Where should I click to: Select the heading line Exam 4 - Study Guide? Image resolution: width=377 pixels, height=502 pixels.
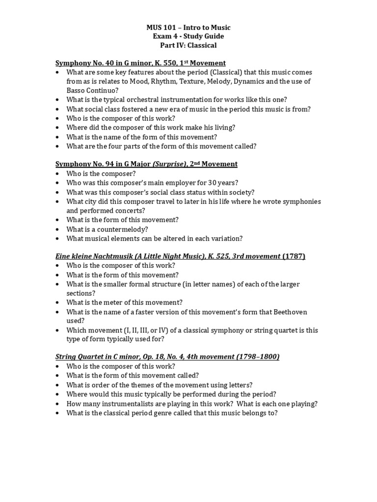(188, 37)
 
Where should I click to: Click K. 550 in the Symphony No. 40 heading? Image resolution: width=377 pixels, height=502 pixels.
(168, 63)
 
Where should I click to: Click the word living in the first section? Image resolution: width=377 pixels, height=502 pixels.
(225, 127)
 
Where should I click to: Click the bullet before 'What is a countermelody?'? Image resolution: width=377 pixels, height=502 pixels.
(57, 229)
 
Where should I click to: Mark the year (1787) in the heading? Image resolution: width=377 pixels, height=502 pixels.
(294, 257)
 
